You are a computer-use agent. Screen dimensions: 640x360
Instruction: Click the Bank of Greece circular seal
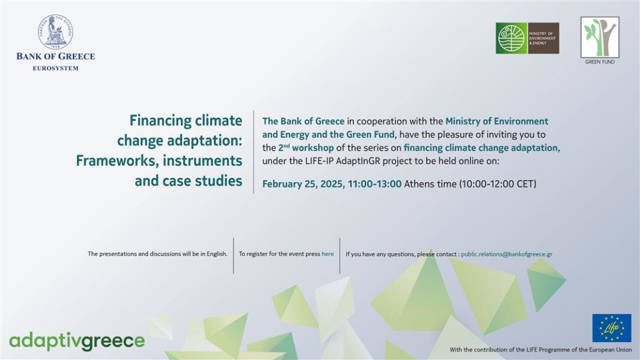[56, 32]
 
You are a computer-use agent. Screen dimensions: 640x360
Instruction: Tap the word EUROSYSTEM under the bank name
[56, 69]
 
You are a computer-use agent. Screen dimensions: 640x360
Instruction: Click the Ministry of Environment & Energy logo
[527, 38]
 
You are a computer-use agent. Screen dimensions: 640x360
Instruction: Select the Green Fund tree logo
[599, 37]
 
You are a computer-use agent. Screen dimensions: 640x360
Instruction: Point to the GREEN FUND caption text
[599, 62]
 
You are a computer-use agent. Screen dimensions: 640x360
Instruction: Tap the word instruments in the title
[202, 161]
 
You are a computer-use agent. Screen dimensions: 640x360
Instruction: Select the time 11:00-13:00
[374, 184]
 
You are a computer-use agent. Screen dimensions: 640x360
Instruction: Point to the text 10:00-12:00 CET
[497, 184]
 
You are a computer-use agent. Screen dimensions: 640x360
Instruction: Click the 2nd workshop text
[306, 147]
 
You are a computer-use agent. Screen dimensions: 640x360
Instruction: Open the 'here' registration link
[327, 254]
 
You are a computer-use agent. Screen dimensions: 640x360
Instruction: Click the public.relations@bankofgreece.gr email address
[506, 254]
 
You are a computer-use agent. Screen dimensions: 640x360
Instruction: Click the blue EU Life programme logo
[611, 327]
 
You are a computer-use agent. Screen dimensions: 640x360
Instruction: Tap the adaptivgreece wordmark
[77, 341]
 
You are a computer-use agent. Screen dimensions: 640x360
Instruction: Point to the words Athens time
[430, 184]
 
